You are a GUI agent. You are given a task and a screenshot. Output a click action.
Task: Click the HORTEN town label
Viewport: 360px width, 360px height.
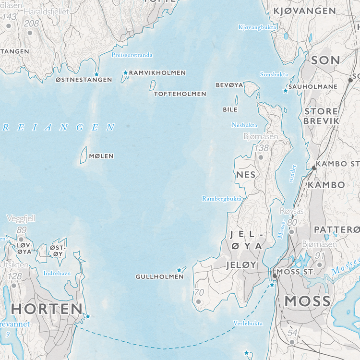point(47,308)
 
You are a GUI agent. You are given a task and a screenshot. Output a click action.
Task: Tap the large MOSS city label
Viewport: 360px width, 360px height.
point(308,301)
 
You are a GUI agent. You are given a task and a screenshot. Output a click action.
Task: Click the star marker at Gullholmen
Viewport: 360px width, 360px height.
point(179,270)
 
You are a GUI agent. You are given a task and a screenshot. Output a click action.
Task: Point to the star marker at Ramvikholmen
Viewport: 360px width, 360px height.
point(126,73)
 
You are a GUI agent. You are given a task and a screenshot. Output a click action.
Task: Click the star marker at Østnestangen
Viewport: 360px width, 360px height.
point(96,74)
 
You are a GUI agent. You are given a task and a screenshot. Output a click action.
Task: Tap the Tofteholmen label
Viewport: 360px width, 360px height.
point(180,94)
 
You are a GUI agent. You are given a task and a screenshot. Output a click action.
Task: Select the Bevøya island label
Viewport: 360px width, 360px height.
point(229,85)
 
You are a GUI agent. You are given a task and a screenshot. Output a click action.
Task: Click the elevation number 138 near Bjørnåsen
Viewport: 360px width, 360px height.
point(262,148)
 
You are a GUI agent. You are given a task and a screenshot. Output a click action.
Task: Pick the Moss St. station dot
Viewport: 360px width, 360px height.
point(275,276)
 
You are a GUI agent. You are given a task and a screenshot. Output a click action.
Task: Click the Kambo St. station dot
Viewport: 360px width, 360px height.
point(314,168)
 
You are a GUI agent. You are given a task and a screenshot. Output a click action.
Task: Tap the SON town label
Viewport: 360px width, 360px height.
point(325,60)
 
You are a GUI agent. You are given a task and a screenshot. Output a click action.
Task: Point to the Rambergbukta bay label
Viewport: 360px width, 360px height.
point(221,198)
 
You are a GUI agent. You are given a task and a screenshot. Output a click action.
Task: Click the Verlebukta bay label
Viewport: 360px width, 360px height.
point(248,323)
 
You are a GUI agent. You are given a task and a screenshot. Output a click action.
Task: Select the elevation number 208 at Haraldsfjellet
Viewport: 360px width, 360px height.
point(31,24)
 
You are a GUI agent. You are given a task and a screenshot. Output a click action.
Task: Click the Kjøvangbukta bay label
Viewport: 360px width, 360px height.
point(257,27)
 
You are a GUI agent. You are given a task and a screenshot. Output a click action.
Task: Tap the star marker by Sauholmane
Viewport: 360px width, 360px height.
point(285,91)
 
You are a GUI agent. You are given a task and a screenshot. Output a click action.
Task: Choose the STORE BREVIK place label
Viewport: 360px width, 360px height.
point(321,116)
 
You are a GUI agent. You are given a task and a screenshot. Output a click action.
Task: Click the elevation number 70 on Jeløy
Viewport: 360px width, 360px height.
point(199,292)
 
